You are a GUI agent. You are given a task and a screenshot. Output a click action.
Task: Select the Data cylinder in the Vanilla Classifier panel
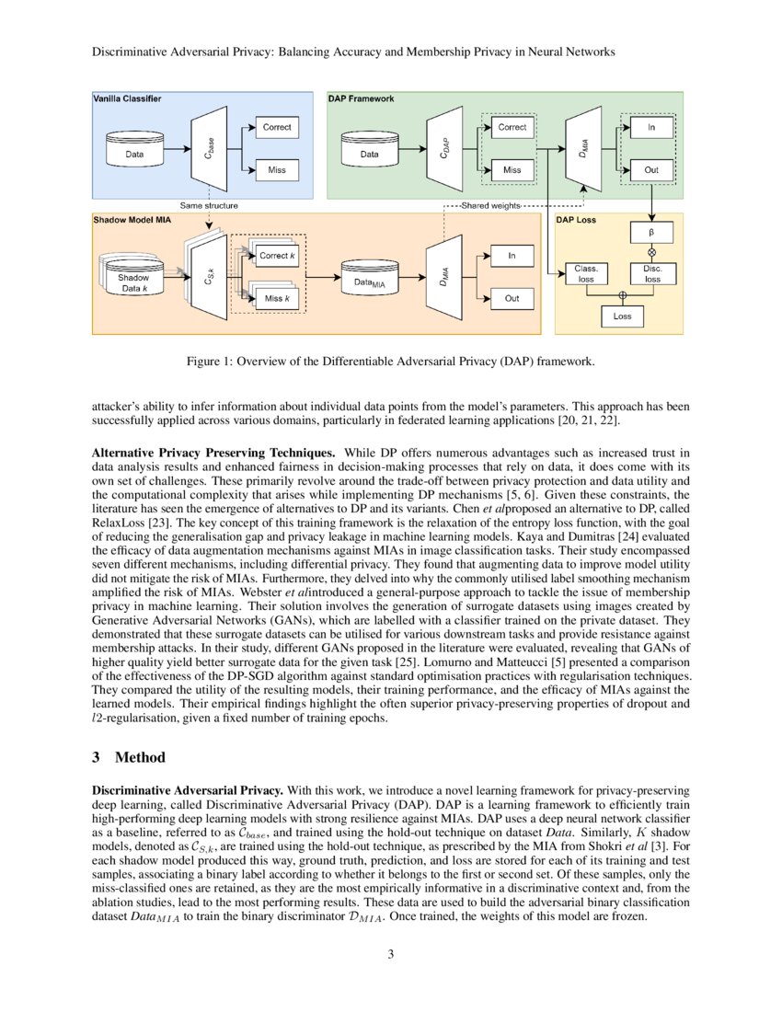point(133,154)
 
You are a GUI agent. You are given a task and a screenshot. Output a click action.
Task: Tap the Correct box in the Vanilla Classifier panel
point(276,127)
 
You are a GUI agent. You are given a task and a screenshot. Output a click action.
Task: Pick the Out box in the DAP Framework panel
point(651,170)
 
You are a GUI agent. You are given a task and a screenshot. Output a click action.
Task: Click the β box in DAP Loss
point(651,232)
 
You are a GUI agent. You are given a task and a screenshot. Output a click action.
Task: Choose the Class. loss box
point(585,273)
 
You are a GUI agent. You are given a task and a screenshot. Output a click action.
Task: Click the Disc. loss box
point(651,273)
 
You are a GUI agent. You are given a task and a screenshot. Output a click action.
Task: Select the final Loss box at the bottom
point(623,316)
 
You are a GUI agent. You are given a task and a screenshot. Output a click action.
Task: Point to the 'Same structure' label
point(208,205)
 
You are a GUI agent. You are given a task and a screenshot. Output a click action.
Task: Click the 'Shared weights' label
point(490,205)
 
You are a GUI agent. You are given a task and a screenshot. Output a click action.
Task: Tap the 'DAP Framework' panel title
point(362,98)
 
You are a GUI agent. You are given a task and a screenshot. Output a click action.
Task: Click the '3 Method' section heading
point(130,757)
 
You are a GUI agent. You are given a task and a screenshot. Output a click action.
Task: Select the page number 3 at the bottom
point(390,953)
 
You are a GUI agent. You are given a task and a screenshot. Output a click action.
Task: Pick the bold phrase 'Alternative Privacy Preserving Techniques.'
point(214,454)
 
